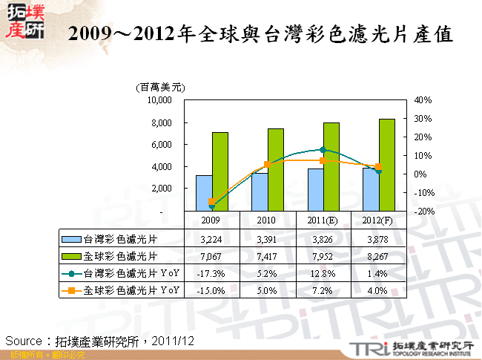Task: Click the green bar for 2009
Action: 220,171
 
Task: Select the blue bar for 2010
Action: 260,192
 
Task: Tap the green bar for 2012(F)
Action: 386,165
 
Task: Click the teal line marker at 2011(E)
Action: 323,150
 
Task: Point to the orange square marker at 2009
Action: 211,202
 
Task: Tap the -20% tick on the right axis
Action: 423,212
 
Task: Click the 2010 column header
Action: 266,220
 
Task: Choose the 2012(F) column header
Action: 378,220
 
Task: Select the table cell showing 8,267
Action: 378,256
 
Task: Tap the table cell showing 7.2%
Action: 323,290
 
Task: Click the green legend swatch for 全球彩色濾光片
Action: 72,256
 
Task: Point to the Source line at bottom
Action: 99,340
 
